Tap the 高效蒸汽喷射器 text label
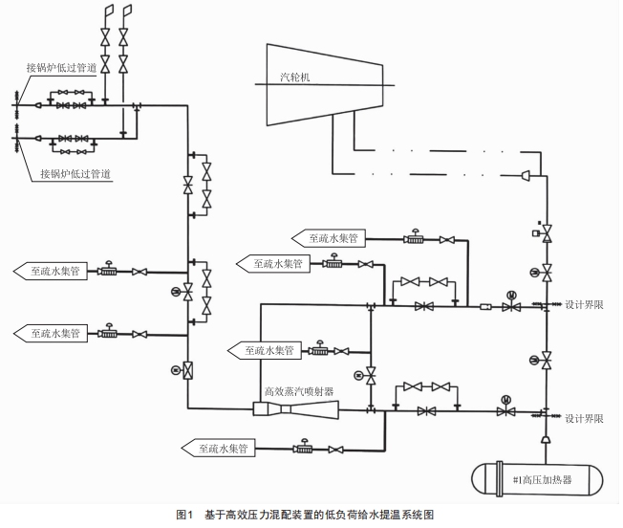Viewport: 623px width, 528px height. pos(298,390)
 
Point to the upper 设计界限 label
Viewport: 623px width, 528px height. pos(584,305)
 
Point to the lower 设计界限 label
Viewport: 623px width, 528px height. pos(584,419)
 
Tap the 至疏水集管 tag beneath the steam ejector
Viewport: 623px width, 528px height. pos(218,447)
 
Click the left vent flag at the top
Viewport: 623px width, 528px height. pos(107,11)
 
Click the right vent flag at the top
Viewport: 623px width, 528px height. pos(126,11)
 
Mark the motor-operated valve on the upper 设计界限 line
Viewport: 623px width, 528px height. pos(512,304)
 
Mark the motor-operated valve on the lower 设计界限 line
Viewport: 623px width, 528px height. pos(504,409)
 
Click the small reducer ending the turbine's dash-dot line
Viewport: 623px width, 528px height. pos(527,175)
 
